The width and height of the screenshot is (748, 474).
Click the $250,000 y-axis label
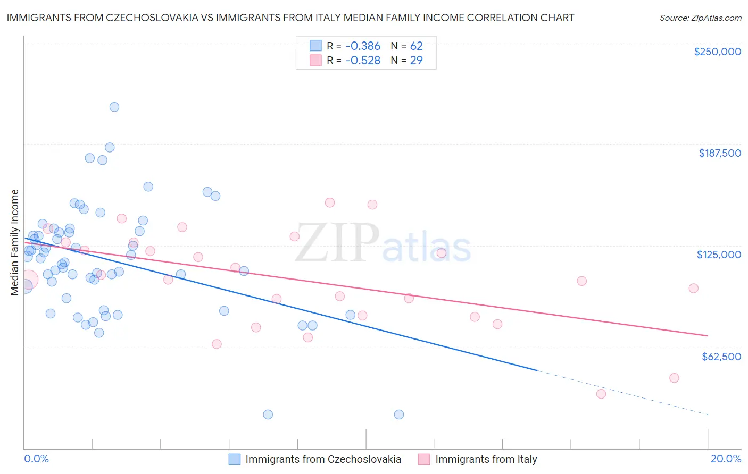coord(717,52)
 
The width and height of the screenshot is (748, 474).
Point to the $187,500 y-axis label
coord(719,153)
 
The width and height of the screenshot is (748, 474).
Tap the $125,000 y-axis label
coord(719,255)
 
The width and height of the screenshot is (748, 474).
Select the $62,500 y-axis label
coord(721,357)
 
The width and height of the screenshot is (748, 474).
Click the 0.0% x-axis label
coord(36,459)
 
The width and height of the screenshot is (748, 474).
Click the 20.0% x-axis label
coord(726,459)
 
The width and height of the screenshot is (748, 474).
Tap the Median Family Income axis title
coord(14,242)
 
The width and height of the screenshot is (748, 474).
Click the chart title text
coord(290,18)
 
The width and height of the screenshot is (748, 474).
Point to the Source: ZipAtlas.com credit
coord(700,18)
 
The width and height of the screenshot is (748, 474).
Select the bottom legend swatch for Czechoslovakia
coord(235,459)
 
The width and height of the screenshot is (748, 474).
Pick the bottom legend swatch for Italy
coord(424,459)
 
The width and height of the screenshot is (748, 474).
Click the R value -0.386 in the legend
coord(363,46)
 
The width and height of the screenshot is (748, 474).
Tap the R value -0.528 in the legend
coord(363,60)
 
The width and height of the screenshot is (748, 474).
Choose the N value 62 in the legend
coord(416,46)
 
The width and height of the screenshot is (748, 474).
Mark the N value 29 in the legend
coord(416,60)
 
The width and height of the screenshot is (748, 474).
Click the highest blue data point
coord(114,107)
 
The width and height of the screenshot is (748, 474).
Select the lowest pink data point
coord(601,394)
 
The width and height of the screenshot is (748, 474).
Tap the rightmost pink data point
coord(693,288)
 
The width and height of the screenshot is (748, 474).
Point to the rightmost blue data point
coord(399,414)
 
